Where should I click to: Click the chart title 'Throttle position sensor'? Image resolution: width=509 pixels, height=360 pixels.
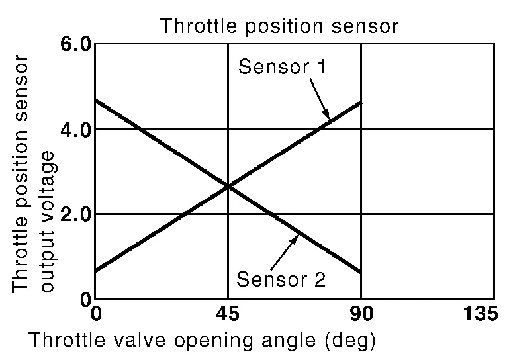point(279,26)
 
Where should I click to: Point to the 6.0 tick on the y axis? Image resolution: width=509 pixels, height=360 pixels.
point(75,44)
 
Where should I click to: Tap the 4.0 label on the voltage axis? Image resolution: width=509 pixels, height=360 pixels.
point(75,130)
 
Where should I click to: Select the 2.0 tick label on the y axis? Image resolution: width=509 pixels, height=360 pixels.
point(75,214)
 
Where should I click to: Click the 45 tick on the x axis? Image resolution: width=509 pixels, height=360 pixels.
point(228,314)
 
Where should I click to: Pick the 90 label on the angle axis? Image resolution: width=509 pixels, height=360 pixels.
point(361,314)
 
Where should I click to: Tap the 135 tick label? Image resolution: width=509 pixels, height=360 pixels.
point(480,314)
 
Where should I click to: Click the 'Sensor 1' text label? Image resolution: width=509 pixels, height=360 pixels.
point(282,66)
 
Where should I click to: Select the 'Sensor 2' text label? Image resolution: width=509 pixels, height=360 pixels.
point(281,279)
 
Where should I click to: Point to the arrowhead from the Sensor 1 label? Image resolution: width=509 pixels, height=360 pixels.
point(328,118)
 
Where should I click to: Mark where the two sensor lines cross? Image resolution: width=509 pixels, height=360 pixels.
point(228,187)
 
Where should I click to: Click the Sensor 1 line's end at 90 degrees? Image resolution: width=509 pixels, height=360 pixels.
point(361,103)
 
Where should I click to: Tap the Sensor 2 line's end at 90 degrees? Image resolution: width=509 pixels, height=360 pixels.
point(361,272)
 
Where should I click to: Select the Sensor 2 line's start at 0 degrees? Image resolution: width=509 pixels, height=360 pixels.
point(95,100)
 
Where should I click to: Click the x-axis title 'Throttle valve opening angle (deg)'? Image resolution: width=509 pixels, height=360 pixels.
point(202,341)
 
